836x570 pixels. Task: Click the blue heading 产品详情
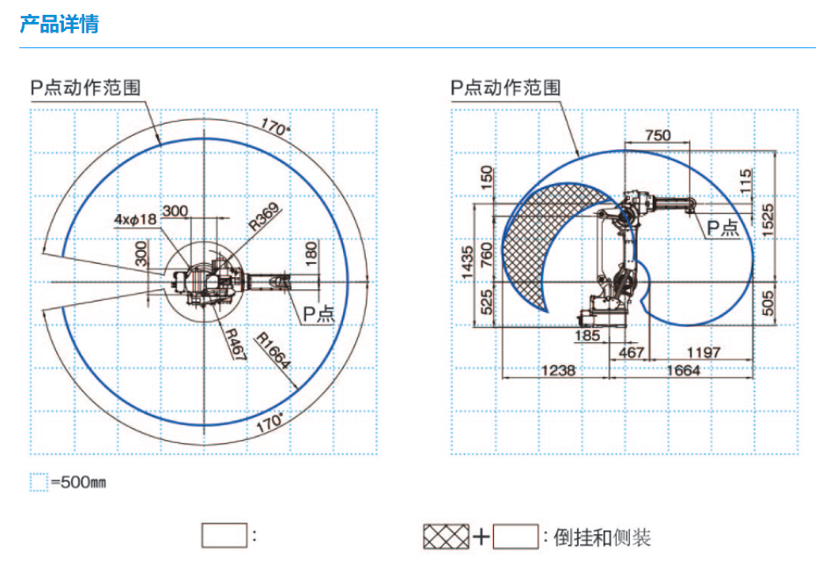pos(59,24)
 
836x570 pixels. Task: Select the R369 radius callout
pos(264,217)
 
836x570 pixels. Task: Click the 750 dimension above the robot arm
pos(656,135)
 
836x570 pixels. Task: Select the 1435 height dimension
pos(468,262)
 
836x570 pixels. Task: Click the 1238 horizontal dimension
pos(557,370)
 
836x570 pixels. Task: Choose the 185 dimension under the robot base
pos(588,335)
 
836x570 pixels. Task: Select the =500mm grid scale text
pos(77,483)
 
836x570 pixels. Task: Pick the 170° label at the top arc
pos(275,128)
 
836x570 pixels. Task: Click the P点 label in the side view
pos(725,227)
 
